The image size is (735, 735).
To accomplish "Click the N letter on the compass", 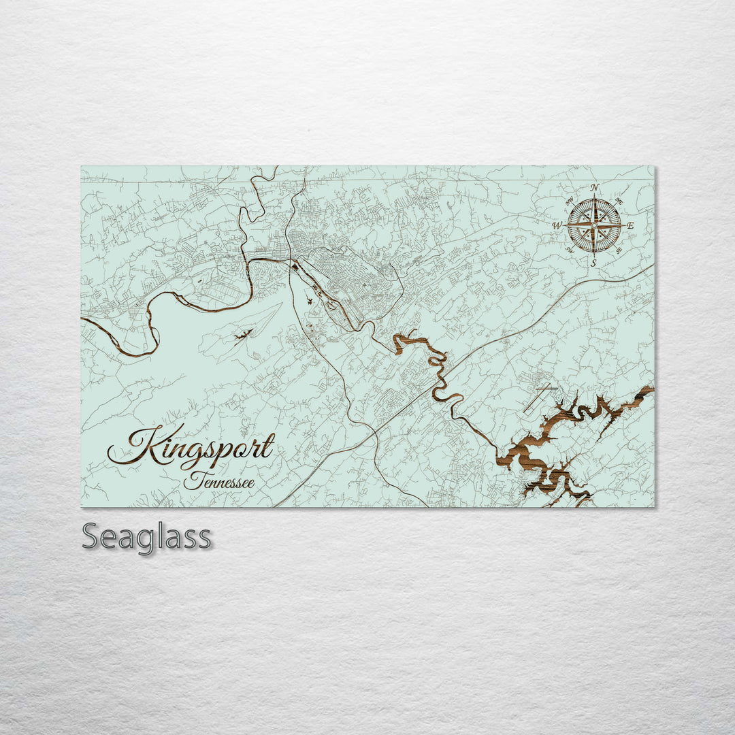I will pos(594,188).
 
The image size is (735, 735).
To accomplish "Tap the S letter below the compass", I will pos(593,263).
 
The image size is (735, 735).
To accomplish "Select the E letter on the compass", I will pos(631,225).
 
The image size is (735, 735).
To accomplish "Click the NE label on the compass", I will pos(619,201).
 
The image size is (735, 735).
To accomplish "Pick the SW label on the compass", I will pos(570,250).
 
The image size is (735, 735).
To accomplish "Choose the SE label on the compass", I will pos(619,250).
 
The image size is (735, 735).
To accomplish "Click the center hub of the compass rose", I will pos(594,225).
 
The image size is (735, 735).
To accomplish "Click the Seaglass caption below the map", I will pos(146,537).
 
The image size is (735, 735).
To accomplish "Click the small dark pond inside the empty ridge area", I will pos(243,335).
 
